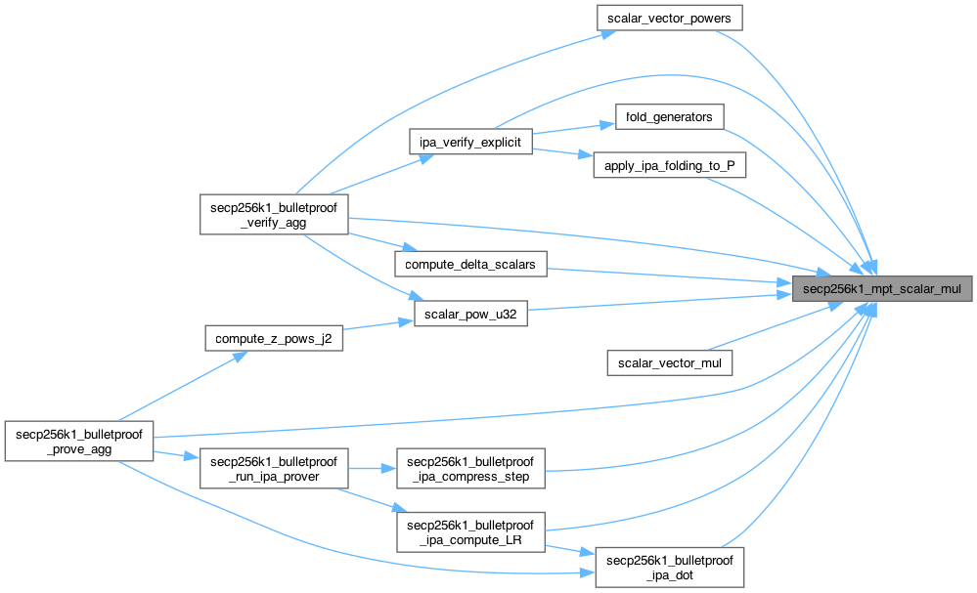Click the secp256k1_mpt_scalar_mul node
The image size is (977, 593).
tap(882, 288)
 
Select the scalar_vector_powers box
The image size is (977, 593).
tap(669, 18)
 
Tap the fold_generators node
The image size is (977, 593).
tap(669, 117)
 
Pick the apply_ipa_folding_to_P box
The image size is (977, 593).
tap(670, 166)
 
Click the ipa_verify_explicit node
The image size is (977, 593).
tap(471, 142)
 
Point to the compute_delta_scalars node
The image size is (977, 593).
tap(470, 264)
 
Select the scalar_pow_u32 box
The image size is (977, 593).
tap(470, 314)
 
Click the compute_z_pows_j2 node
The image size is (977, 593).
tap(274, 339)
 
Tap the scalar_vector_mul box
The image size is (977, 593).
tap(669, 362)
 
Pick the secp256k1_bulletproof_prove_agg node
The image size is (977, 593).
tap(78, 442)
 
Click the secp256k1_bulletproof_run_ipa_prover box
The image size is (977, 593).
tap(274, 469)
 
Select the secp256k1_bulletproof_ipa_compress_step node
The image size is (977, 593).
tap(470, 469)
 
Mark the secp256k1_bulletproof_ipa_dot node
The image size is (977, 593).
tap(670, 567)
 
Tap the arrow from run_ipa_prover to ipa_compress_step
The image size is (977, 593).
tap(372, 469)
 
